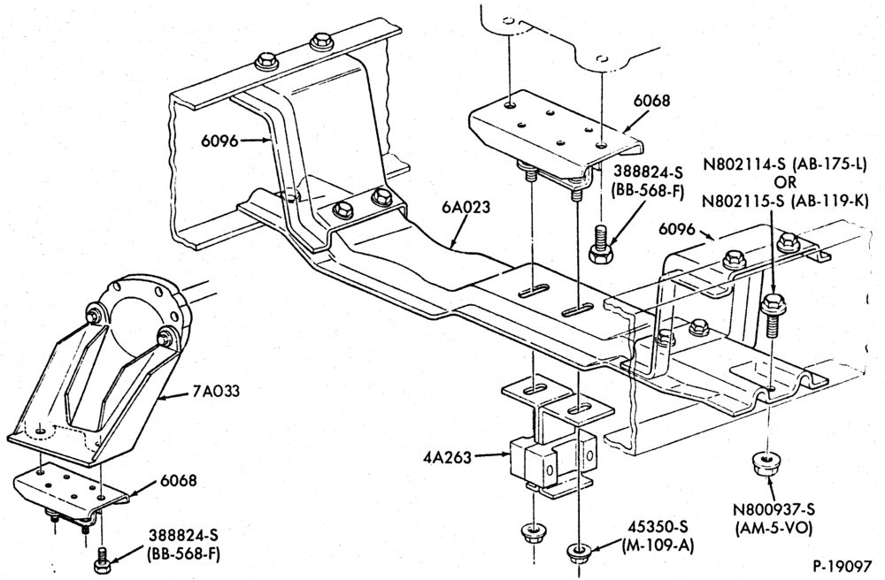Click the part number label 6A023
tap(466, 207)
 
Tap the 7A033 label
tap(216, 391)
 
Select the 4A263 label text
tap(446, 457)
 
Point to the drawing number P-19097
tap(843, 565)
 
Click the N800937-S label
tap(773, 510)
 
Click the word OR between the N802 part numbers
tap(785, 182)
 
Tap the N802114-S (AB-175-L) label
tap(784, 164)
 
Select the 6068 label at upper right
tap(651, 100)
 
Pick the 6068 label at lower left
tap(179, 480)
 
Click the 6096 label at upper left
tap(219, 141)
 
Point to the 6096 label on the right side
tap(677, 229)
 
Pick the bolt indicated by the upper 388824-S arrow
tap(600, 243)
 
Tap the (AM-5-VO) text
tap(773, 528)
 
